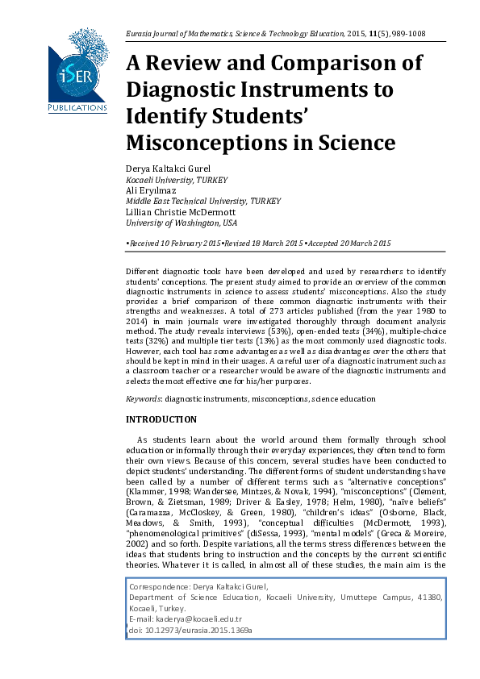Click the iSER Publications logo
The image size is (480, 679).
tap(77, 70)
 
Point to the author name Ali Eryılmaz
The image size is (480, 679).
tap(151, 190)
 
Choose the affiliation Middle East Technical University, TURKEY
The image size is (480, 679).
tap(203, 201)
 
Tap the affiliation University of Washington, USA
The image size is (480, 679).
tap(182, 223)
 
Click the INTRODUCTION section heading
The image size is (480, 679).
tap(161, 419)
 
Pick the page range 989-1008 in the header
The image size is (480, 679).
tap(407, 34)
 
